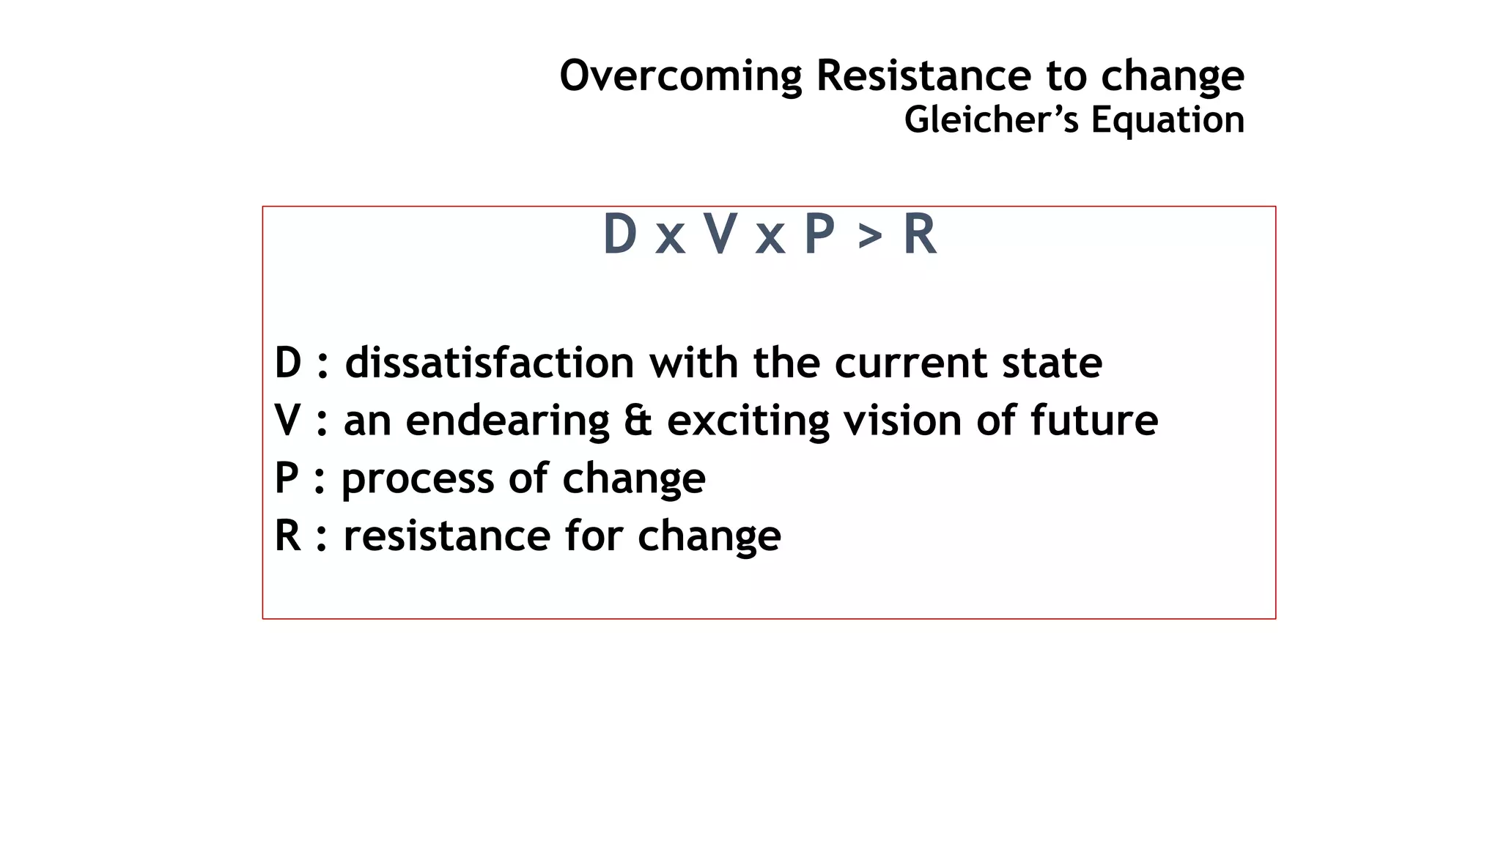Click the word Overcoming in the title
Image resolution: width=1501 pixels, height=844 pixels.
[x=681, y=76]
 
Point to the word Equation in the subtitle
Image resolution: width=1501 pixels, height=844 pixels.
[x=1168, y=120]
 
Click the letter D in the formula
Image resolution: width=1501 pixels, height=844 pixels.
[x=619, y=234]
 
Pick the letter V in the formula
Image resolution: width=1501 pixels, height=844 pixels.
[x=720, y=234]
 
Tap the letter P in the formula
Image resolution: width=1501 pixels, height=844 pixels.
[x=819, y=234]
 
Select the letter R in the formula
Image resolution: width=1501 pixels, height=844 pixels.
[x=920, y=234]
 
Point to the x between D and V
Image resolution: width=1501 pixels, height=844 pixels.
[x=670, y=239]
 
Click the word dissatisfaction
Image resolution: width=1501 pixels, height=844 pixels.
[x=490, y=363]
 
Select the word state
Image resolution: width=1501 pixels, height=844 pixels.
[x=1052, y=363]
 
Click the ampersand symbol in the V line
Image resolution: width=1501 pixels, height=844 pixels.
[x=638, y=421]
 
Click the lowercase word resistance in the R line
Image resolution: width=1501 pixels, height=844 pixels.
[x=446, y=536]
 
